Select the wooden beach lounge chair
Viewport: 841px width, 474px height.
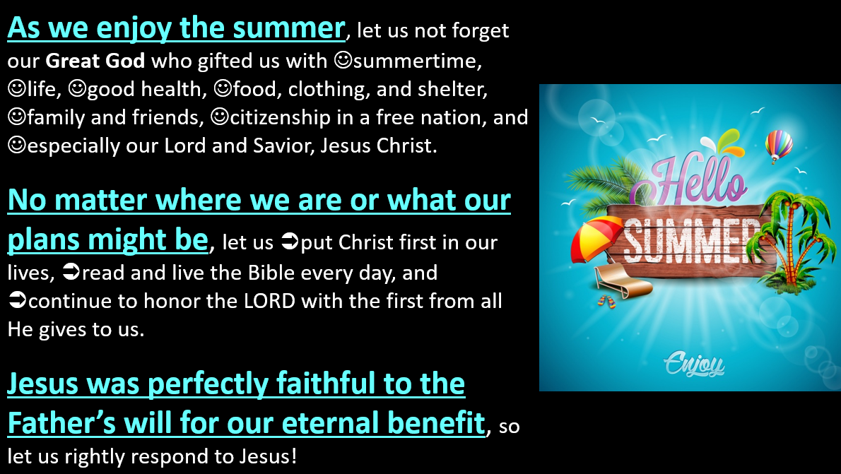point(622,281)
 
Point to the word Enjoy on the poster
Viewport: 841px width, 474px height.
point(694,365)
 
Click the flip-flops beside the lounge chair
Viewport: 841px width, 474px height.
point(607,302)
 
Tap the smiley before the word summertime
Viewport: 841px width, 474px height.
point(343,60)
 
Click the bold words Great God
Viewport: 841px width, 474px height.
point(95,61)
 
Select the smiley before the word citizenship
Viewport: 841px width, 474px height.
point(220,117)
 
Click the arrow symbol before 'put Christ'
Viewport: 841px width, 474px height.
point(290,242)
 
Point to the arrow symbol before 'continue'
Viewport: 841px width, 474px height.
point(17,301)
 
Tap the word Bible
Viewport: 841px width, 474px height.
point(270,273)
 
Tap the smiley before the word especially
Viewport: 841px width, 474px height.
point(17,146)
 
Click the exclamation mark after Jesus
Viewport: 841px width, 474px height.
point(293,456)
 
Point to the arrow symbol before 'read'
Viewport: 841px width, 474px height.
point(71,273)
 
